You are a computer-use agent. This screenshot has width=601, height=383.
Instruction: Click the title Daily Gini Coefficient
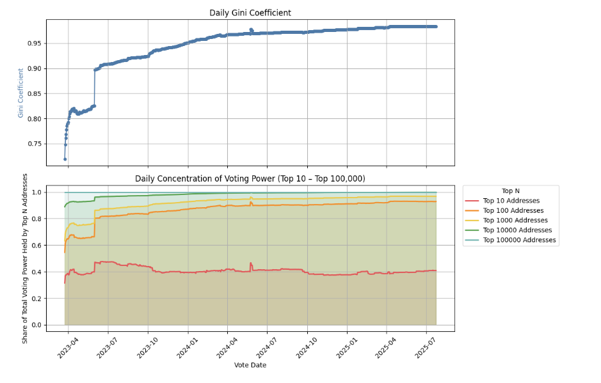[x=250, y=13]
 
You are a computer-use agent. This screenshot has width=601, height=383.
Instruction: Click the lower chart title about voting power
[x=250, y=178]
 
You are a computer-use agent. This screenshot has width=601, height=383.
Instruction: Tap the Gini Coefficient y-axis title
[x=21, y=93]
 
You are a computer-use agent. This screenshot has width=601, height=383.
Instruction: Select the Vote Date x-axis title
[x=250, y=365]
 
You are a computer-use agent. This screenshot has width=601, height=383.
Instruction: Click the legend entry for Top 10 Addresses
[x=511, y=201]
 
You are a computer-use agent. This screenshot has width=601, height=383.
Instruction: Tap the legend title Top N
[x=511, y=191]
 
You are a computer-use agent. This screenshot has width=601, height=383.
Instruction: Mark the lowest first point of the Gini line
[x=65, y=159]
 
